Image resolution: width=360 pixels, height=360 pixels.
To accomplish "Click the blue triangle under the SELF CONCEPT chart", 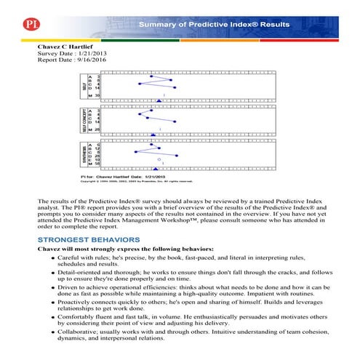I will click(x=153, y=135).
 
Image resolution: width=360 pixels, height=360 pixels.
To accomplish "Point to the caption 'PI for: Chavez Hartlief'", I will click(x=109, y=177).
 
